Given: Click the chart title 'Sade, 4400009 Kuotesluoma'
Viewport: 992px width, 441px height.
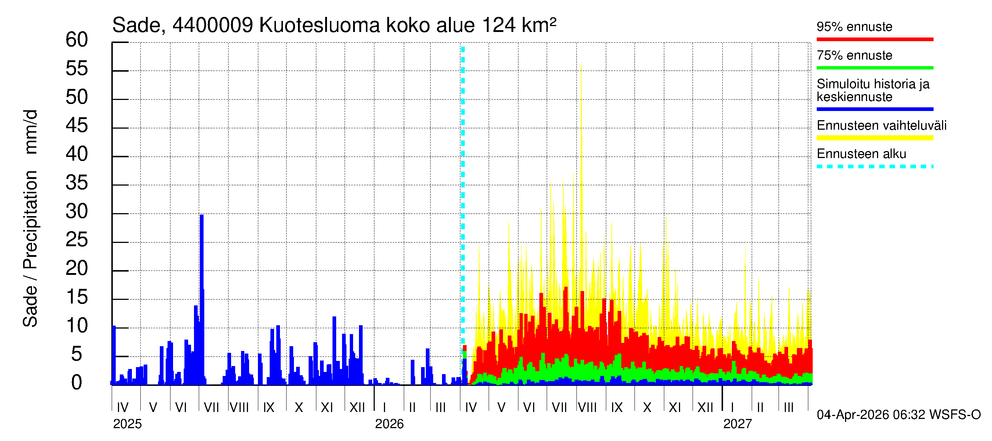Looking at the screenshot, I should [x=334, y=25].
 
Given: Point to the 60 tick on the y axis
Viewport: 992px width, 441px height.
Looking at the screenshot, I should [x=77, y=40].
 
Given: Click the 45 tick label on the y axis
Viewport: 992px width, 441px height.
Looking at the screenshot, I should [x=77, y=126].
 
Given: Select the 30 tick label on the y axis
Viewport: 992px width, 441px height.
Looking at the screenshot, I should [x=77, y=211].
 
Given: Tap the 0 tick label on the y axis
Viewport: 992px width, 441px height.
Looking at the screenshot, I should [x=77, y=383].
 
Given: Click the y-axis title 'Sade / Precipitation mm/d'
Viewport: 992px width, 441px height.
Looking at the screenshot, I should [x=30, y=218].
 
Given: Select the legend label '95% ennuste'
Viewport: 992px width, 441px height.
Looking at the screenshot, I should [x=854, y=26].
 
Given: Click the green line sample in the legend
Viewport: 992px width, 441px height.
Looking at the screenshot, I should [x=874, y=68].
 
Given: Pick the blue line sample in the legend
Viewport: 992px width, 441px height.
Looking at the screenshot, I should [x=874, y=110].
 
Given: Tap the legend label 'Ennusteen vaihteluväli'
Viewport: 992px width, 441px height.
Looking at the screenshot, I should [x=881, y=126].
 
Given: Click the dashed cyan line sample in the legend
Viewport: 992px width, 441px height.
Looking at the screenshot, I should [x=874, y=167].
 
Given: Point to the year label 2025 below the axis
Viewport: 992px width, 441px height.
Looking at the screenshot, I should [x=127, y=424].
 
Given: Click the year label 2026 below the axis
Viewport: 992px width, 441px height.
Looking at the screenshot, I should [x=389, y=424].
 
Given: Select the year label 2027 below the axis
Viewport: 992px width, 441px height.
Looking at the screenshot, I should [x=737, y=424].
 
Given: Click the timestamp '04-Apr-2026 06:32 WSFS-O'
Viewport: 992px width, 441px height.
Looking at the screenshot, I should [x=898, y=415].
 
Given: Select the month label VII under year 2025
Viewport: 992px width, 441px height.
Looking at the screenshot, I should [x=211, y=408].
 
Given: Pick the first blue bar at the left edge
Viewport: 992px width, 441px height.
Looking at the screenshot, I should [x=114, y=354].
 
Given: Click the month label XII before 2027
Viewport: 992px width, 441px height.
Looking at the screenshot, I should [x=705, y=408].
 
